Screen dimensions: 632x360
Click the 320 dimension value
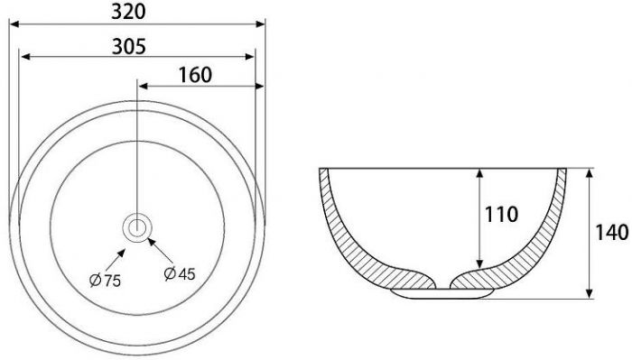[128, 12]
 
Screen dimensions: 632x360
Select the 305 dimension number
[129, 47]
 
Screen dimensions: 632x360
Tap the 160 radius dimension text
[195, 75]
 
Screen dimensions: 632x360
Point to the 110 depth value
[501, 215]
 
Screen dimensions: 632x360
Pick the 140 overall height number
[612, 233]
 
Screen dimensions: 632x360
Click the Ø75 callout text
[106, 281]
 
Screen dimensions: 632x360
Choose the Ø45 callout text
[180, 273]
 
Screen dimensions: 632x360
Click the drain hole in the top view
[137, 228]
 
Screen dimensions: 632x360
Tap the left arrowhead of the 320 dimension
[14, 24]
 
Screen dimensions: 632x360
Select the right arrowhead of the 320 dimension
[260, 24]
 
